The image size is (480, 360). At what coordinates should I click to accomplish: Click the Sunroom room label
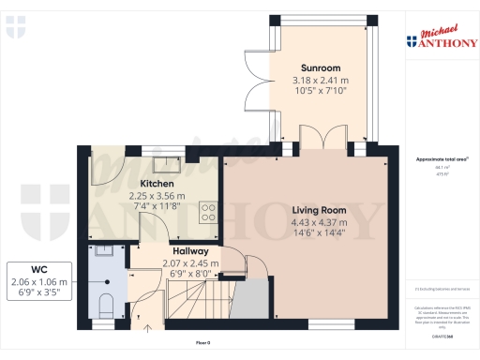tap(320, 67)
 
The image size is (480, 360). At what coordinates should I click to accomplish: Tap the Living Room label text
tap(320, 209)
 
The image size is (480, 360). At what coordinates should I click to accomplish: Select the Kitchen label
tap(157, 183)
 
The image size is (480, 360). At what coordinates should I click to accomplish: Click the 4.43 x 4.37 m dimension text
tap(320, 222)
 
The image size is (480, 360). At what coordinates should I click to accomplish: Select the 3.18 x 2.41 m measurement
tap(320, 81)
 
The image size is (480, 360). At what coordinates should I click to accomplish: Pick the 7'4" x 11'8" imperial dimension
tap(157, 209)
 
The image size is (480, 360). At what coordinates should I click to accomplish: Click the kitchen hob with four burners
tap(208, 213)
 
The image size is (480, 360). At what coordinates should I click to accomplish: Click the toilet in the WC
tap(106, 303)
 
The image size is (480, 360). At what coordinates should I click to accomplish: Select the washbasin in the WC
tap(103, 251)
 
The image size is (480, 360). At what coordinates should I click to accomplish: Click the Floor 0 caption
tap(202, 343)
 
